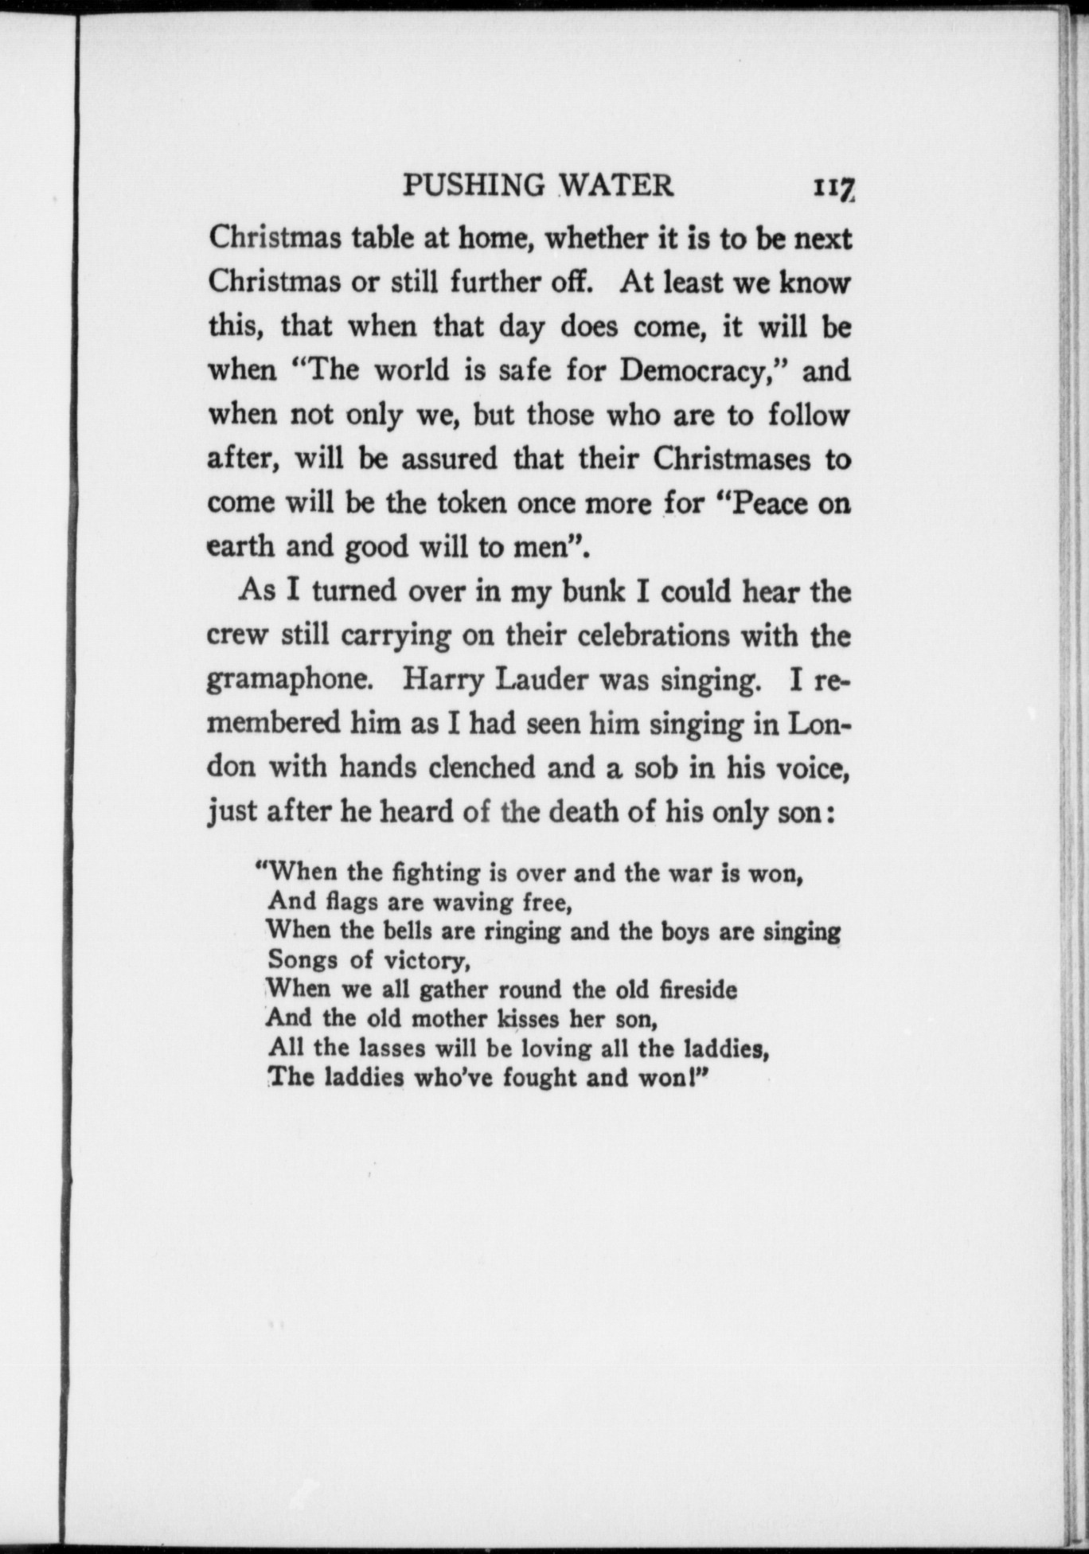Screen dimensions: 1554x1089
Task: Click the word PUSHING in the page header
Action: (x=474, y=185)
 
